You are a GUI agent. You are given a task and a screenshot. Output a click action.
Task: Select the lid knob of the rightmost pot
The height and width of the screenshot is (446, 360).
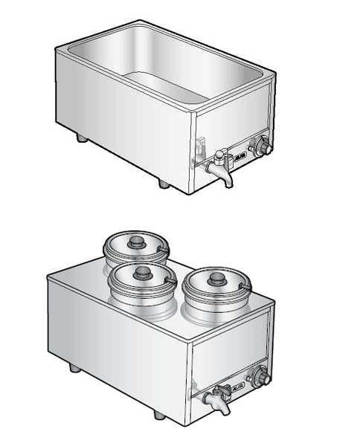coord(217,279)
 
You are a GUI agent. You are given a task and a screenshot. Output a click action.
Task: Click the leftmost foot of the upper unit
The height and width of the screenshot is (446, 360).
coord(82,138)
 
